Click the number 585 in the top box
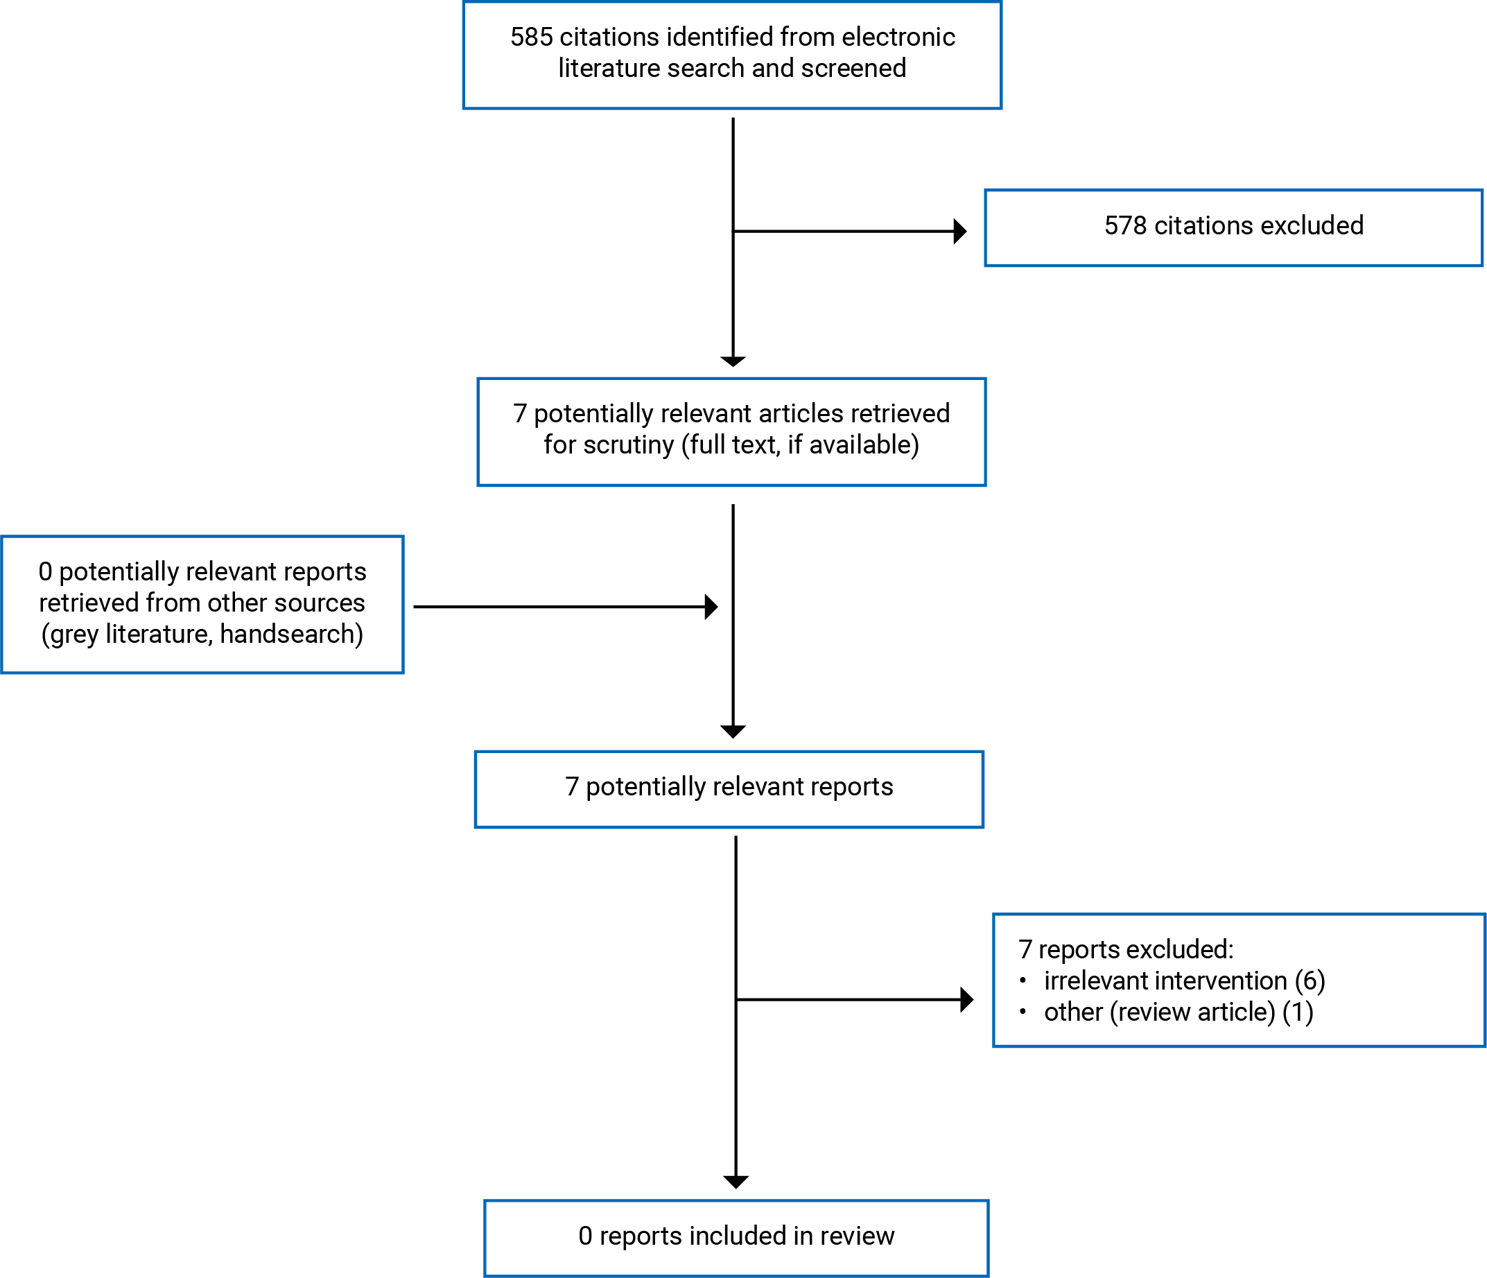coord(531,37)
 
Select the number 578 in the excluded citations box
coord(1125,225)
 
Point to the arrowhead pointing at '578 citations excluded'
coord(960,231)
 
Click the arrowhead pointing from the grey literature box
coord(711,607)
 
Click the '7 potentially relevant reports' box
coord(729,788)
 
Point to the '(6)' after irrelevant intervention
coord(1310,981)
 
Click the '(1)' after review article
coord(1298,1012)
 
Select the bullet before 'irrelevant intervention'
coord(1023,980)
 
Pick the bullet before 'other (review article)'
coord(1023,1012)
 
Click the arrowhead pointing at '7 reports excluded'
coord(966,999)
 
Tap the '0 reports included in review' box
coord(736,1236)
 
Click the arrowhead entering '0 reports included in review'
coord(736,1181)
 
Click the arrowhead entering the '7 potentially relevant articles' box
coord(733,361)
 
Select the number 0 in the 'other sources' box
coord(45,571)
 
